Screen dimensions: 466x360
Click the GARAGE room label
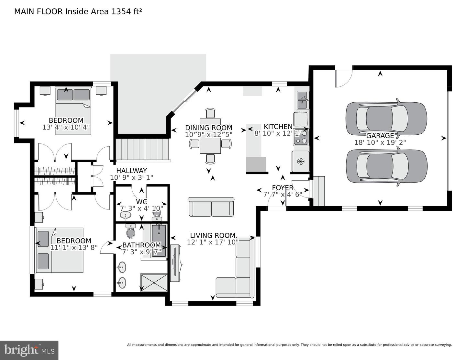pos(380,136)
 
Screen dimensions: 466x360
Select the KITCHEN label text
pos(278,127)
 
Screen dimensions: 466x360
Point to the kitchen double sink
pos(303,100)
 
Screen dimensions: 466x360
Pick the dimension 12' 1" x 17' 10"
pos(213,242)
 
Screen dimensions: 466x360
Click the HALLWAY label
pos(131,171)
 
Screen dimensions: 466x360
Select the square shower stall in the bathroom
pos(153,282)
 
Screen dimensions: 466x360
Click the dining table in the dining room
pos(210,136)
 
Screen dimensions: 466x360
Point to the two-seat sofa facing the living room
pos(211,207)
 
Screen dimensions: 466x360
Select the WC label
pos(141,202)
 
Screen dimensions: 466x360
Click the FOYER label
pos(283,188)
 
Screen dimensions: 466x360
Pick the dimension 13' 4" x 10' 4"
pos(66,127)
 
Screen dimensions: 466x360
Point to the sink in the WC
pos(125,215)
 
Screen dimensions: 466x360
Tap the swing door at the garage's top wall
pos(344,79)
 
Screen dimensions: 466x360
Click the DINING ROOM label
pos(209,128)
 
